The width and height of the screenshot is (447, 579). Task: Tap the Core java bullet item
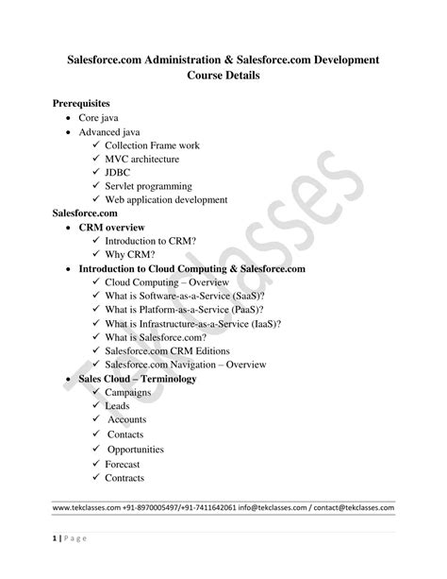point(98,117)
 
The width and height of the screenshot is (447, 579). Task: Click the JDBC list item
point(120,173)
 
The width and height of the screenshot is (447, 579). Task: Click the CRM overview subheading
point(111,228)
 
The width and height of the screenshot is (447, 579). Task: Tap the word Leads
point(118,405)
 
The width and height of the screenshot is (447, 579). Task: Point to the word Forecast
point(123,464)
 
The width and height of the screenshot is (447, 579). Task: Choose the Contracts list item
point(124,478)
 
